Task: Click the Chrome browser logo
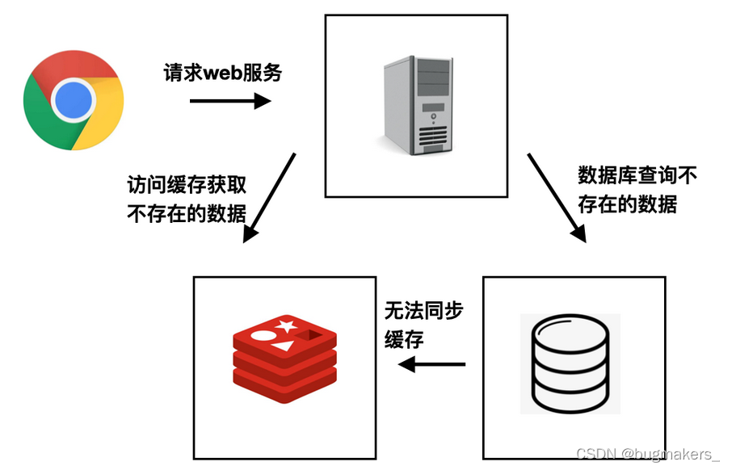(74, 99)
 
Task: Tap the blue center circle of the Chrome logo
(74, 99)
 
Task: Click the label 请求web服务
(223, 73)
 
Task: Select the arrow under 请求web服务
(229, 101)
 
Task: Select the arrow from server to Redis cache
(270, 197)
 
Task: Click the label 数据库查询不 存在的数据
(637, 188)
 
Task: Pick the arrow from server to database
(557, 197)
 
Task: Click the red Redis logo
(284, 359)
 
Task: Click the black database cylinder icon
(570, 363)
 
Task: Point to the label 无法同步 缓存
(423, 324)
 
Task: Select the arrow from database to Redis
(432, 364)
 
